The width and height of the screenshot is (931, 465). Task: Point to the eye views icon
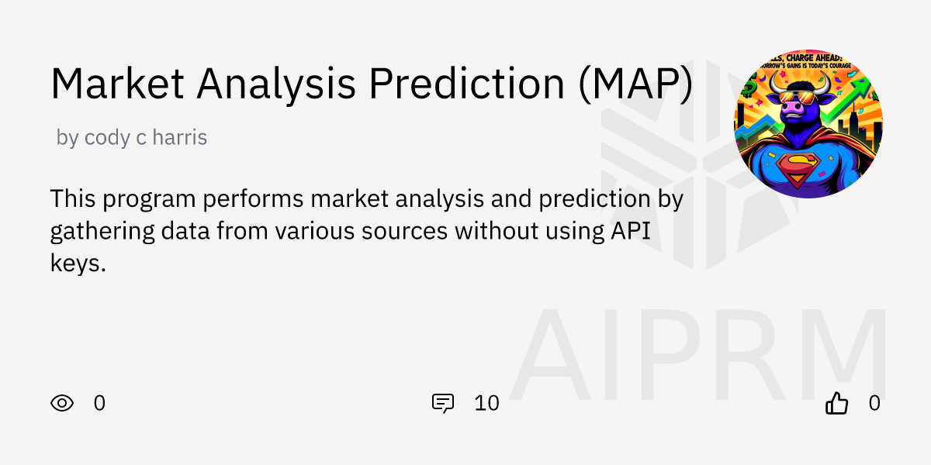62,403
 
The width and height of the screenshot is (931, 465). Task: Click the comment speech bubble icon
443,403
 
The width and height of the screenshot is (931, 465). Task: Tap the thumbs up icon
836,403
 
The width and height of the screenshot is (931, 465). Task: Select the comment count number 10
486,403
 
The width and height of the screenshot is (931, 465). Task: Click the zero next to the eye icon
99,403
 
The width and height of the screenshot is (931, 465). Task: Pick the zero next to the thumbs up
874,403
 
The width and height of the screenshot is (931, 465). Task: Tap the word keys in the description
76,263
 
